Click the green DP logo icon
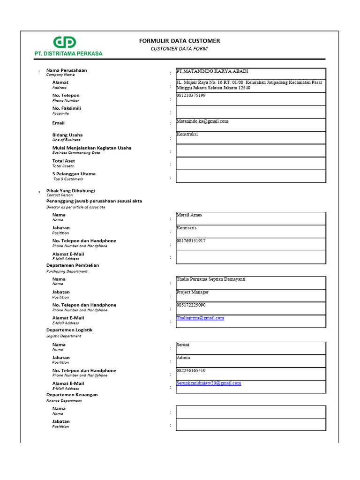[x=64, y=43]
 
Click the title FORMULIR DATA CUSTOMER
[x=180, y=41]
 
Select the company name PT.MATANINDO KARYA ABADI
[x=212, y=71]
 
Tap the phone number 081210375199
[x=191, y=96]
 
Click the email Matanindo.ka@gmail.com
[x=202, y=121]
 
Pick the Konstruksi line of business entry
[x=187, y=134]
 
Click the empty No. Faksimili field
[x=251, y=112]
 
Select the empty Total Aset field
[x=251, y=163]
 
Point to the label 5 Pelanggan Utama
[x=74, y=173]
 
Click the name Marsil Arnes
[x=189, y=215]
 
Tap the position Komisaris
[x=186, y=228]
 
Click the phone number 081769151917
[x=191, y=241]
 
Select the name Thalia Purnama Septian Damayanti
[x=210, y=279]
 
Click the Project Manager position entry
[x=192, y=292]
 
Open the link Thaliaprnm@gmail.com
[x=200, y=318]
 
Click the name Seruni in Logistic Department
[x=183, y=345]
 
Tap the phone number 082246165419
[x=191, y=370]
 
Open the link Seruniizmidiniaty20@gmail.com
[x=209, y=383]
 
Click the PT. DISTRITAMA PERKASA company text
[x=68, y=53]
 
